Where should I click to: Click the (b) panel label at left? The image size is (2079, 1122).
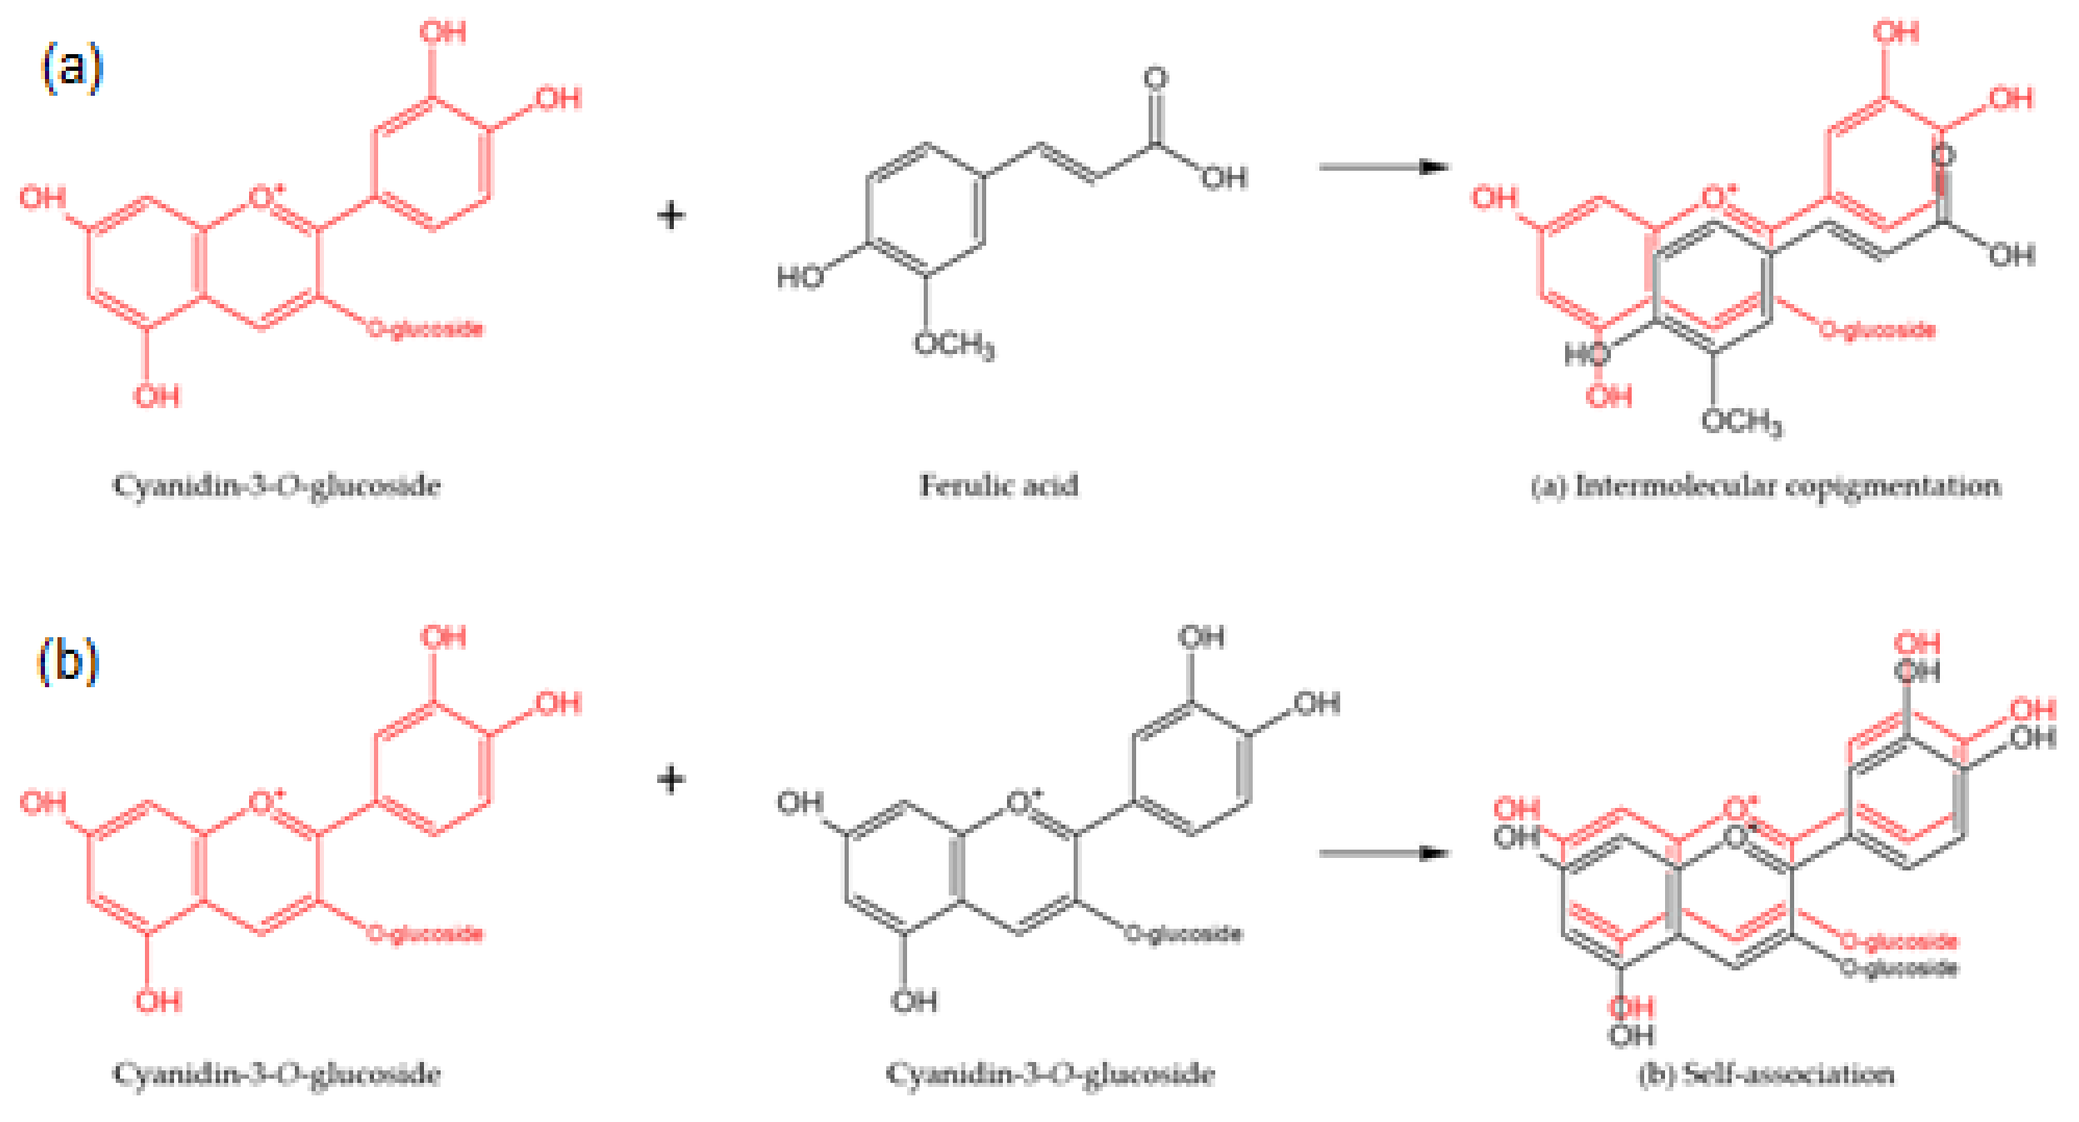tap(68, 662)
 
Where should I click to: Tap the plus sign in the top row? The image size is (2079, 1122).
tap(671, 216)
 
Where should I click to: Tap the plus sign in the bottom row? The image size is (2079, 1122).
tap(671, 780)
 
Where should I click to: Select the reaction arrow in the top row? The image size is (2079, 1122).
tap(1383, 167)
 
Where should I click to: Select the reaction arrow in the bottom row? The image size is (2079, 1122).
tap(1383, 853)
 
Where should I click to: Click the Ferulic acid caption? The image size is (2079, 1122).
tap(999, 486)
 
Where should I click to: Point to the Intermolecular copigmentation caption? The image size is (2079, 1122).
tap(1766, 486)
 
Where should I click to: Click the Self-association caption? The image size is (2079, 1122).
tap(1766, 1074)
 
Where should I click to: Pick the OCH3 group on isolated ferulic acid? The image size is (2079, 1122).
tap(954, 344)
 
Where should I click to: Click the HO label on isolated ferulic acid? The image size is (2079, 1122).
tap(800, 277)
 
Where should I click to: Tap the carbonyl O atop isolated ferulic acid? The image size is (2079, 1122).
tap(1155, 78)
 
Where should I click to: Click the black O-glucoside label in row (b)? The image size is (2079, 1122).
tap(1183, 934)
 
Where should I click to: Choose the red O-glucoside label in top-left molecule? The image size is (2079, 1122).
tap(425, 329)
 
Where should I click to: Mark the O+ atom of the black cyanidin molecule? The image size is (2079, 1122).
tap(1023, 802)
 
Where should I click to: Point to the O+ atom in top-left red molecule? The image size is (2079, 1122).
tap(265, 197)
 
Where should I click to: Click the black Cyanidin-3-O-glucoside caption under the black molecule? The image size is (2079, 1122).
tap(1049, 1074)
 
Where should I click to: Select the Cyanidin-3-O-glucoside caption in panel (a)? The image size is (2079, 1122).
tap(277, 486)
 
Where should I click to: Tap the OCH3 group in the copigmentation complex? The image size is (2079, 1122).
tap(1742, 421)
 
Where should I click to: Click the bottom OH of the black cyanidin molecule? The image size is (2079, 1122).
tap(914, 1000)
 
